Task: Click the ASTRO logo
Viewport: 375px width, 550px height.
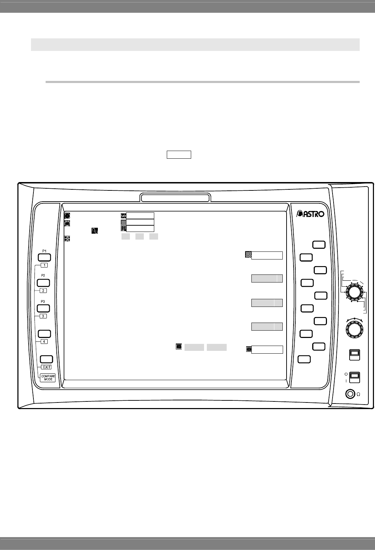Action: coord(310,214)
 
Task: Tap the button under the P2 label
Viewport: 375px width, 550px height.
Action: coord(44,283)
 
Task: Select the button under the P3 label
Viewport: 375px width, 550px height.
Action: coord(44,308)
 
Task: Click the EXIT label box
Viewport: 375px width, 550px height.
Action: coord(47,367)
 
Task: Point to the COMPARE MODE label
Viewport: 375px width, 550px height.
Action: coord(48,378)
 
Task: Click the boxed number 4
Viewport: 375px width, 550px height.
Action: coord(44,341)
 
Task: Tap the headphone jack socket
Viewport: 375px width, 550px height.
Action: coord(349,394)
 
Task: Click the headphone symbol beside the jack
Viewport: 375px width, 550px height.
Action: coord(358,394)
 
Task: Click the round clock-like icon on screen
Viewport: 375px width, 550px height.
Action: coord(67,216)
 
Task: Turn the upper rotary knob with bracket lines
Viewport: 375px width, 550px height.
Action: coord(354,292)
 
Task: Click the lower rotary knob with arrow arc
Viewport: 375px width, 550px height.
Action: coord(354,328)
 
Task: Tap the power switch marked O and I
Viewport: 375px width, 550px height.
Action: coord(354,377)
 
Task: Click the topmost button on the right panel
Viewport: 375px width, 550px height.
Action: coord(319,245)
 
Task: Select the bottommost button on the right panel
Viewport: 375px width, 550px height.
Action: coord(304,359)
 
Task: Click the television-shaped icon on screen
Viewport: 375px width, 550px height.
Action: coord(67,224)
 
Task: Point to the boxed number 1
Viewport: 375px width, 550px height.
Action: coord(44,265)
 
